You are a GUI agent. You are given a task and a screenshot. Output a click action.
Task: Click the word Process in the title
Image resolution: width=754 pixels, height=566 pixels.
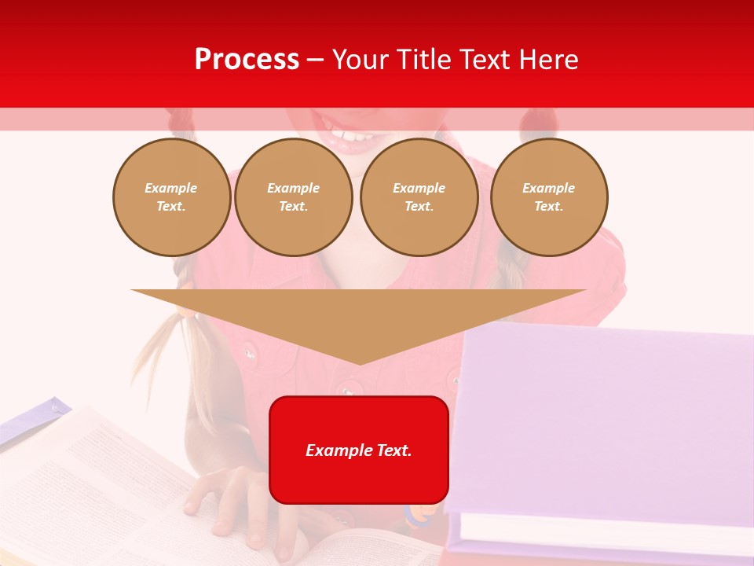(x=247, y=60)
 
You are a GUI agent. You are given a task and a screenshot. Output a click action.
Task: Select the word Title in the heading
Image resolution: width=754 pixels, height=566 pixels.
(x=421, y=60)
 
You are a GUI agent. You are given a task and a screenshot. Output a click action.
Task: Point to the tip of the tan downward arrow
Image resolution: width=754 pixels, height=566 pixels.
(x=359, y=362)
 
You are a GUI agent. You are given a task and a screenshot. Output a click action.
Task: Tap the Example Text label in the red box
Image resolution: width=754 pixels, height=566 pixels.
(x=359, y=450)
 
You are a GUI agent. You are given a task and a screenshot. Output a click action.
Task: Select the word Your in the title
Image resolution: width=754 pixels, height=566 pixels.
(x=359, y=60)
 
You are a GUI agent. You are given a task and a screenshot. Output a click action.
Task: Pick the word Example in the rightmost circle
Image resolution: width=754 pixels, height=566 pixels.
(x=548, y=188)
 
